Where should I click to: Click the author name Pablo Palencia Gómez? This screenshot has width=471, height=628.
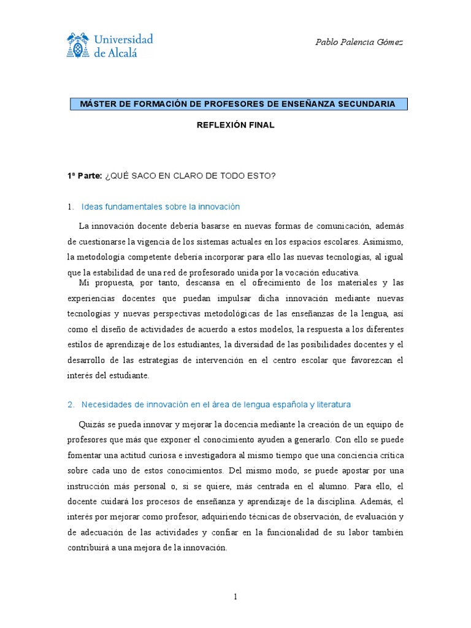point(359,42)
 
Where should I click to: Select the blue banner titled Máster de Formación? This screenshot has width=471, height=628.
point(237,104)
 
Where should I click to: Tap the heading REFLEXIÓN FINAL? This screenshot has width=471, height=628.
point(235,124)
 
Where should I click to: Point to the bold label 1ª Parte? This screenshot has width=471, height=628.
point(85,176)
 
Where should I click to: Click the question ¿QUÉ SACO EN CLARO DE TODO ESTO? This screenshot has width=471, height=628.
point(191,176)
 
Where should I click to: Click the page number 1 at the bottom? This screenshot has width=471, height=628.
point(235,598)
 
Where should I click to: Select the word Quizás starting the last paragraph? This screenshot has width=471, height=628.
point(92,424)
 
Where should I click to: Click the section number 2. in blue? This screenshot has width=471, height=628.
point(71,404)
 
